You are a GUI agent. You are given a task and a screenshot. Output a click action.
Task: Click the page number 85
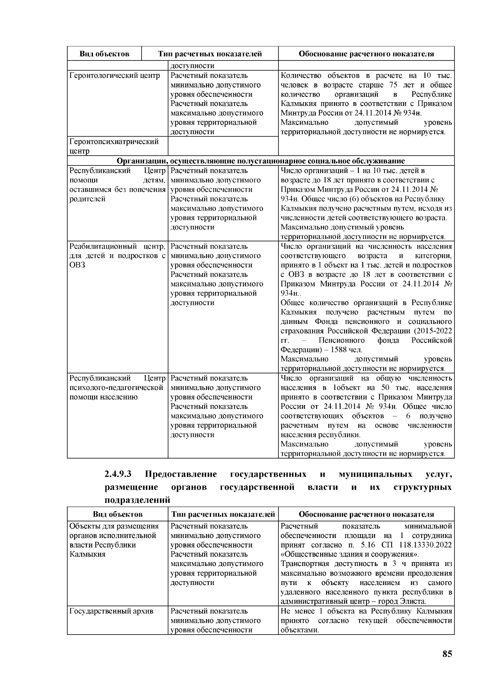click(447, 654)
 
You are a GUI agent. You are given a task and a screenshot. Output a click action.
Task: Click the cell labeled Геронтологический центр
click(115, 76)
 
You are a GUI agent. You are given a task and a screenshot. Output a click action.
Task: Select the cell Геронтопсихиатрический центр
click(114, 146)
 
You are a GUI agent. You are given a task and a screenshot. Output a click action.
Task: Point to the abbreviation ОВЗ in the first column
click(77, 265)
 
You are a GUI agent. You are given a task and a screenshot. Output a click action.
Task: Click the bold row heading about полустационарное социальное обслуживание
click(261, 161)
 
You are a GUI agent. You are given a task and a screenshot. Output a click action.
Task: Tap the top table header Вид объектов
click(104, 54)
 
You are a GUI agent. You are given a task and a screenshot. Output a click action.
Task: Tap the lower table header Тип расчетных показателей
click(223, 514)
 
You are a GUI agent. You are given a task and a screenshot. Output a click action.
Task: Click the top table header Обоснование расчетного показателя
click(366, 54)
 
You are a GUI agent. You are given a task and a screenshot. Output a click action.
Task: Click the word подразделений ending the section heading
click(137, 500)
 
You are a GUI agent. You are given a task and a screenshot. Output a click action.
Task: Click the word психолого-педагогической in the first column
click(116, 388)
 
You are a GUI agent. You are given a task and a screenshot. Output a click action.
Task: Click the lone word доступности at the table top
click(192, 66)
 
